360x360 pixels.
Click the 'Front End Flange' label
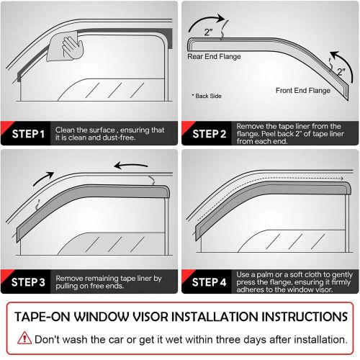coord(303,91)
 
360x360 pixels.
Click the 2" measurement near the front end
coord(341,72)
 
